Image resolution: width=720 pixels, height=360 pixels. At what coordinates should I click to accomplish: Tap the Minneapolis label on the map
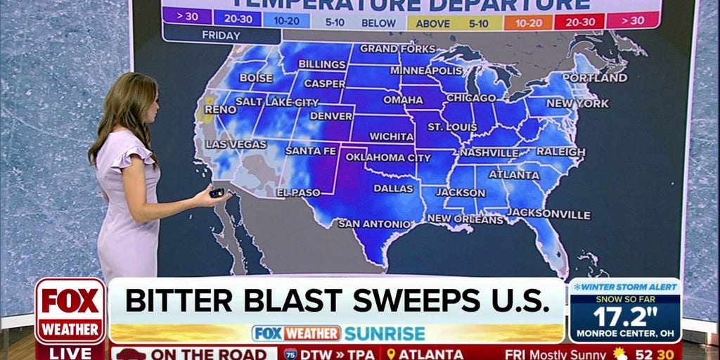pos(426,71)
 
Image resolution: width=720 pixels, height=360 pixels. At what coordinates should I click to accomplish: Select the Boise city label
pos(256,77)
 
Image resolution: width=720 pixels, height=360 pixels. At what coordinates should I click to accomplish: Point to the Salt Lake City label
pos(276,102)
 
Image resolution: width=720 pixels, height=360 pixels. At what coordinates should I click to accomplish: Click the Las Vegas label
pos(236,144)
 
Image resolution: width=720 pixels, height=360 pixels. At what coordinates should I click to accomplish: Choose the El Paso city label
pos(298,192)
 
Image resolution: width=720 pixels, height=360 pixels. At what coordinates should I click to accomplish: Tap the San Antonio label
pos(375,224)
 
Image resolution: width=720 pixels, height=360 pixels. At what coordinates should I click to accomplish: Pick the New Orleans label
pos(465,219)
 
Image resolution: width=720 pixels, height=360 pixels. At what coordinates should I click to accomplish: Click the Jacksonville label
pos(548,213)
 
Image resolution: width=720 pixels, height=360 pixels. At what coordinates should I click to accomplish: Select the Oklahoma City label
pos(388,157)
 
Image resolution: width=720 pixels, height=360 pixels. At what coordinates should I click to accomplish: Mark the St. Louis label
pos(453,127)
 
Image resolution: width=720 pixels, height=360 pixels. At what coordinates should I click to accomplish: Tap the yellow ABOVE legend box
pos(432,22)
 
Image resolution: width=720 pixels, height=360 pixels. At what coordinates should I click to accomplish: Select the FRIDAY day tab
pos(221,35)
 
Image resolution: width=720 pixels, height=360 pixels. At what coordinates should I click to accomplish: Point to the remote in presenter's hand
pos(217,193)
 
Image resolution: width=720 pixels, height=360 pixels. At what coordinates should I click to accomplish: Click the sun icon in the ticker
pos(619,353)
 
